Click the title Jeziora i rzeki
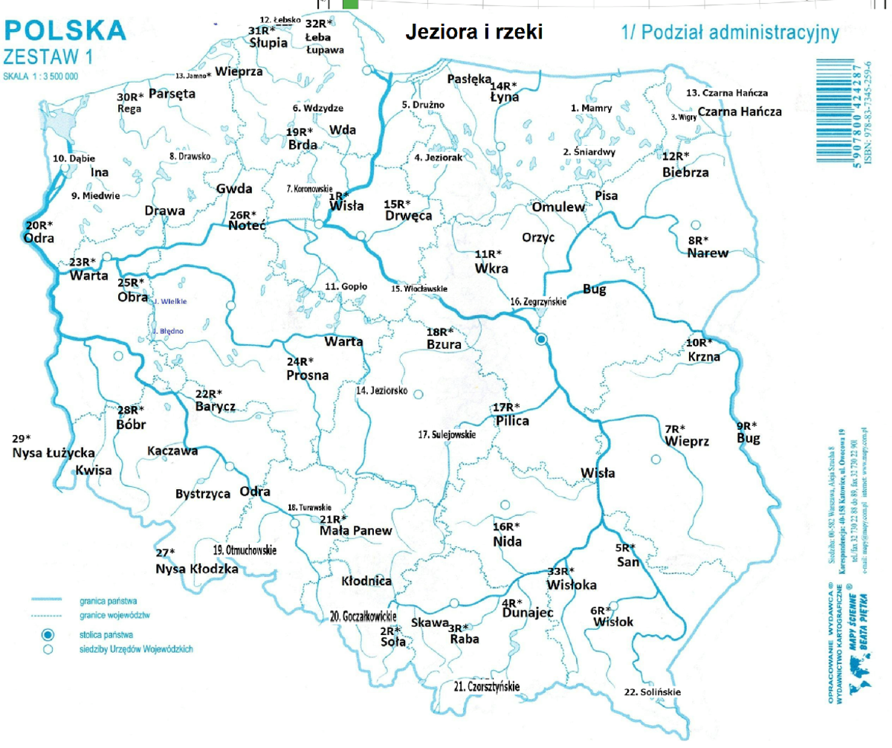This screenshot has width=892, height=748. (474, 33)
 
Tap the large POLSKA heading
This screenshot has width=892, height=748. (65, 31)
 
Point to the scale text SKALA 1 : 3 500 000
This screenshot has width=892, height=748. (39, 76)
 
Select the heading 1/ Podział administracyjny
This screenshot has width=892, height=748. (730, 33)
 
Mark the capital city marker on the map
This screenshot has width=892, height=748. (542, 339)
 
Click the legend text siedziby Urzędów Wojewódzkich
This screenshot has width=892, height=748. (137, 649)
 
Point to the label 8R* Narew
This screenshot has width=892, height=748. (707, 246)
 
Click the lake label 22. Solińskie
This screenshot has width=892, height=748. (653, 691)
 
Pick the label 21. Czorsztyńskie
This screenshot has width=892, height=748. (487, 686)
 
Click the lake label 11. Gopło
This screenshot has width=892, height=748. (342, 286)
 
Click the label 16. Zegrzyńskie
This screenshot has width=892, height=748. (539, 301)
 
